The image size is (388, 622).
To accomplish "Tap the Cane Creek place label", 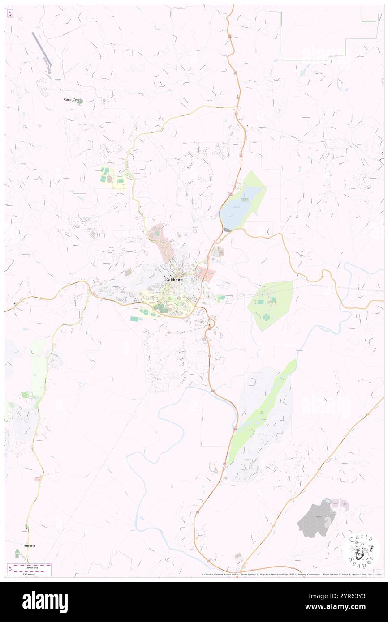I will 72,99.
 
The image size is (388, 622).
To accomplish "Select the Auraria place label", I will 29,545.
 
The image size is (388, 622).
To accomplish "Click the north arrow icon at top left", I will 10,14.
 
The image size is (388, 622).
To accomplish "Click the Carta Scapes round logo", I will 361,550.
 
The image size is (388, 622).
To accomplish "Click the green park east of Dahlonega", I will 271,304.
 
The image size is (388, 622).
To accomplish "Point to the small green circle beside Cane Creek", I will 80,102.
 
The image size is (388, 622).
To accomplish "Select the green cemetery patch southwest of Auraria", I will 17,554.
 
